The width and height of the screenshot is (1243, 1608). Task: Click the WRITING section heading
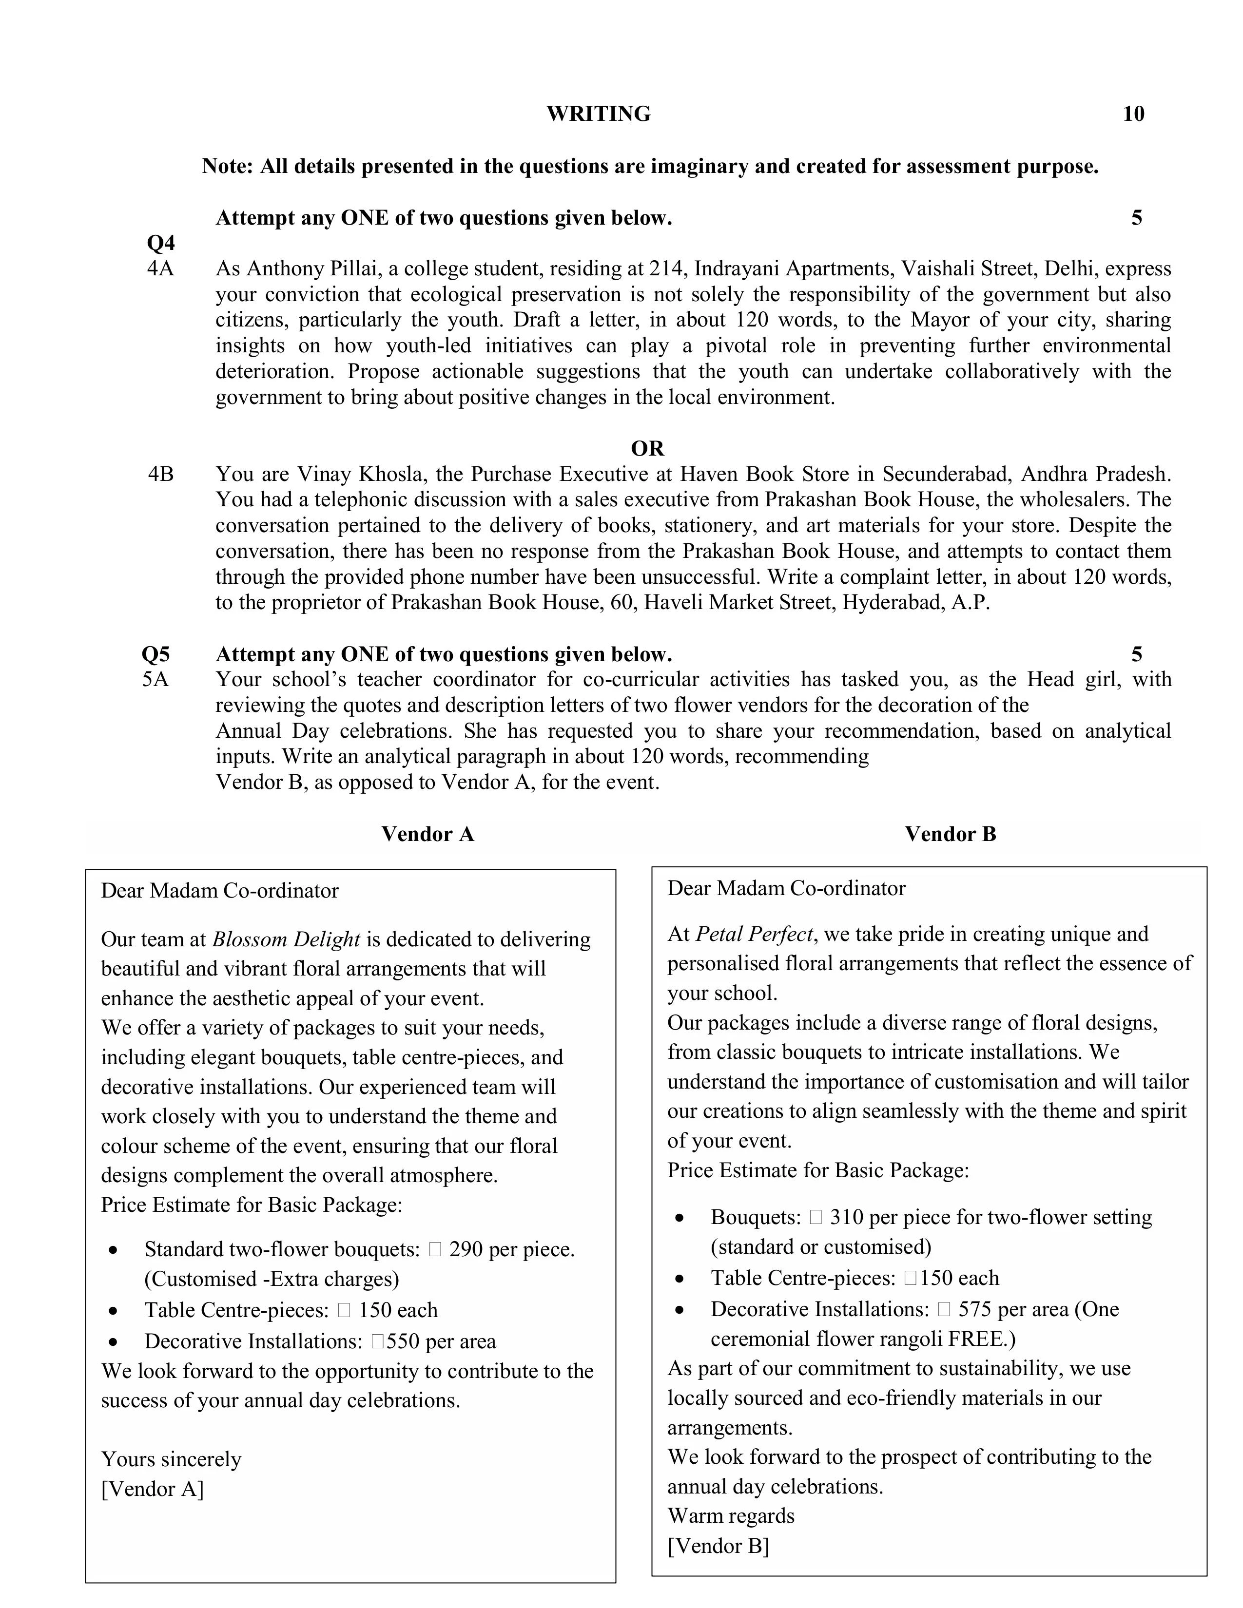pos(598,114)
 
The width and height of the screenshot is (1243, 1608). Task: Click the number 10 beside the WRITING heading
pos(1133,114)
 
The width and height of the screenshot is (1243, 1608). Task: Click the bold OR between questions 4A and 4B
pos(647,448)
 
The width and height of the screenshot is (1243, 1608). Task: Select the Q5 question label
pos(155,654)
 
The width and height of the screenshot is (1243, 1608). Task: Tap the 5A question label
pos(155,680)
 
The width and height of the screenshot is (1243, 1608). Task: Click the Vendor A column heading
pos(427,834)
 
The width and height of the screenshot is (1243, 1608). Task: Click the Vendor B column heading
pos(950,834)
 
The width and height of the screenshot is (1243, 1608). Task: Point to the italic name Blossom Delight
pos(286,939)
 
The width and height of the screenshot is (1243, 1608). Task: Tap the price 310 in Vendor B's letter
pos(845,1217)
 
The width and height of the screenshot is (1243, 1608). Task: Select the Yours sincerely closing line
pos(171,1459)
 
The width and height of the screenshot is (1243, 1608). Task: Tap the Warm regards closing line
pos(731,1516)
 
